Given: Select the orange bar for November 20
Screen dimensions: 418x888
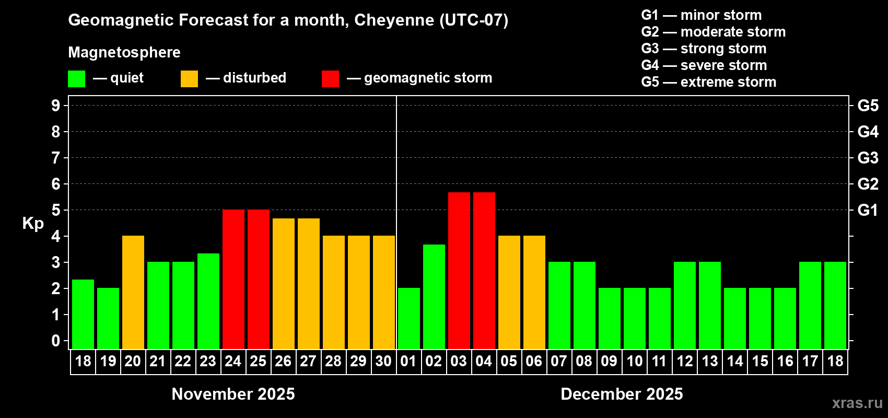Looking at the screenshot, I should (x=133, y=292).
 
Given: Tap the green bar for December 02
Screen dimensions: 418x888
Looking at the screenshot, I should (x=434, y=296).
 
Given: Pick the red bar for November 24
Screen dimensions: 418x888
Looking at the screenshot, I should (x=233, y=279).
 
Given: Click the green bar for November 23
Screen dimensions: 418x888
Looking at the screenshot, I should (x=208, y=301).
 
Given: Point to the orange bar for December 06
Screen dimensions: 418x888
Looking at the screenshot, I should (x=534, y=292).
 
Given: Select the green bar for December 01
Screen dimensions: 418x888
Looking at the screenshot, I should (x=408, y=318).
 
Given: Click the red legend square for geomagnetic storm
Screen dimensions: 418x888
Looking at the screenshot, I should (x=330, y=79).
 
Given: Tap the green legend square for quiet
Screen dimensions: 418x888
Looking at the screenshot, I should (x=76, y=79).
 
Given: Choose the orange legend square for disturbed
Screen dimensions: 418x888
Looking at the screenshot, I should (x=189, y=79).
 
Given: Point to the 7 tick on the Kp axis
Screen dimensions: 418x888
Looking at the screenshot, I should (x=56, y=158).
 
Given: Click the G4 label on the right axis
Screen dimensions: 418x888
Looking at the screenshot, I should (x=868, y=132).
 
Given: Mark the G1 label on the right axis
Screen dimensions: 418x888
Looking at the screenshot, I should (x=868, y=210).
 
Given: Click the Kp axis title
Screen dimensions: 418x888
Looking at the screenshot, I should (x=33, y=224).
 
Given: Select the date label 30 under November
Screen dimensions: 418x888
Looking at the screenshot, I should (x=383, y=361).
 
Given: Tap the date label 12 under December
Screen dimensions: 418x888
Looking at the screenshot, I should (x=684, y=361).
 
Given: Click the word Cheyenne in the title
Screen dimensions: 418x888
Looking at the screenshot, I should (x=394, y=20).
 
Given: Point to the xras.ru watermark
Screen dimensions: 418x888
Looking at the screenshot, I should (x=857, y=403).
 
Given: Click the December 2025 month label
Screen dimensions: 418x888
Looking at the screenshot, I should (x=622, y=394).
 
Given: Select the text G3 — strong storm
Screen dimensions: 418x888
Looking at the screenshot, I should (x=704, y=49).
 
